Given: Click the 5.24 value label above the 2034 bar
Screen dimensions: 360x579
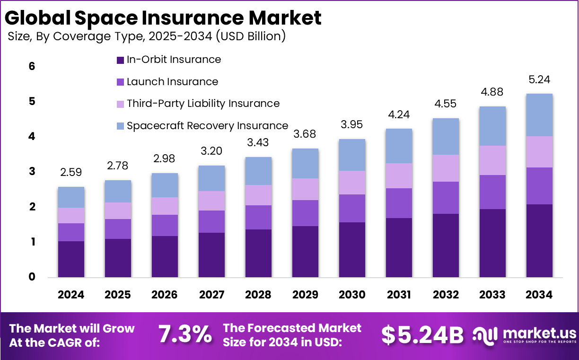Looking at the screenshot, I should pos(539,80).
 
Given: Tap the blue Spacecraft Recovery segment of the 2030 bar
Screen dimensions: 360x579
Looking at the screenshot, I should pos(352,155).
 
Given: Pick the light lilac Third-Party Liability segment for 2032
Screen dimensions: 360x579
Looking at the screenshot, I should pos(446,168).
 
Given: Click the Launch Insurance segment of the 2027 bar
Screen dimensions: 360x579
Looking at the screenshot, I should pos(211,221).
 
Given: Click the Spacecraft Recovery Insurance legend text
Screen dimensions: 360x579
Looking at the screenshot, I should pos(207,126).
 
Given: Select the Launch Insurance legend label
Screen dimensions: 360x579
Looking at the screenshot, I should pos(172,82).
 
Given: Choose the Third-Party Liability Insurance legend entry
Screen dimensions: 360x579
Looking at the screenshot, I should pos(203,104).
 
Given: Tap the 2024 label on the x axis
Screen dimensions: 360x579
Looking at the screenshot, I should pos(71,295).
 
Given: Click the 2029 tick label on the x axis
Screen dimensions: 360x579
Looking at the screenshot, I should pos(305,295).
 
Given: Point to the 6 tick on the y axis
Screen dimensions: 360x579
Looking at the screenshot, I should pos(32,67).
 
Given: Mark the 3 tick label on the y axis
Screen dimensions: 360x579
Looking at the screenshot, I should pos(32,172).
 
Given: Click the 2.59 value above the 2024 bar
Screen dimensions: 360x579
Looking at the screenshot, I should pos(71,173).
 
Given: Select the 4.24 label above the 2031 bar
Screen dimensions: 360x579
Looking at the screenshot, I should pos(399,115).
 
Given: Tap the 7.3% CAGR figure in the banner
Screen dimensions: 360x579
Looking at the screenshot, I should pos(185,334).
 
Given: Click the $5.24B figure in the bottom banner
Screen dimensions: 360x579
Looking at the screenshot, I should pos(422,334).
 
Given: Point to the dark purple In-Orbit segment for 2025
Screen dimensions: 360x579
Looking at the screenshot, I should pos(118,258).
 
